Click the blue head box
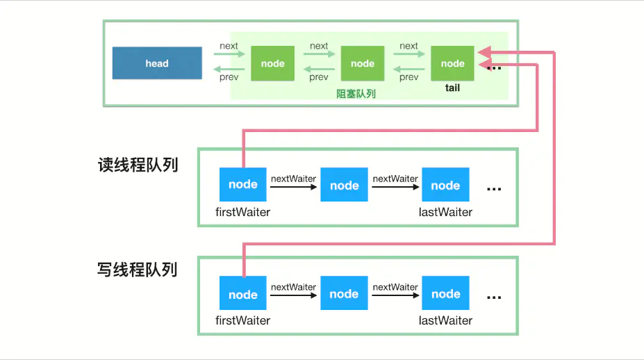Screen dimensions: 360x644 point(157,63)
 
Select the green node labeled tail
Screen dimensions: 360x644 point(452,63)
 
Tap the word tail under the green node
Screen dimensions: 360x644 point(452,88)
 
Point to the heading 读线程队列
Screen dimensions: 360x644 point(138,165)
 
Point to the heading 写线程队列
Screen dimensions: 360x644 point(138,270)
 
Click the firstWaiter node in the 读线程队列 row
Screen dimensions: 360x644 point(242,185)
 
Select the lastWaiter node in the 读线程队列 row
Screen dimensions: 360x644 point(445,185)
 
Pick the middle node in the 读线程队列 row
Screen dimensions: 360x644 point(344,185)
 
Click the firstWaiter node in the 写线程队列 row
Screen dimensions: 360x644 point(242,294)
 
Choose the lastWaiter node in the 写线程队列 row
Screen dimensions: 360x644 point(445,294)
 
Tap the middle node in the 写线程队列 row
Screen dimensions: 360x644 point(344,294)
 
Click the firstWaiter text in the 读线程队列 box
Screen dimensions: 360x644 point(242,212)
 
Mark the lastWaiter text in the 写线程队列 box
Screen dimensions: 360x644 point(445,320)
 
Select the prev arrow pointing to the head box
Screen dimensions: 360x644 point(229,69)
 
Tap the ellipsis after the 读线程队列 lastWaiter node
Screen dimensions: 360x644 point(494,188)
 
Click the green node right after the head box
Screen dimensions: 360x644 point(272,63)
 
